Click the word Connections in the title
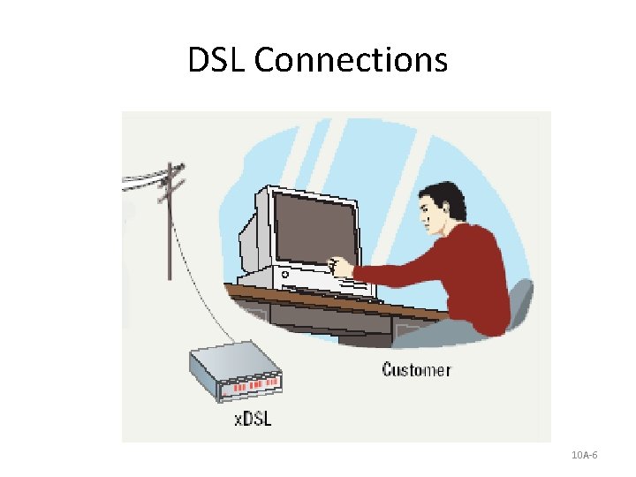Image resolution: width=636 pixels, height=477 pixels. pos(352,61)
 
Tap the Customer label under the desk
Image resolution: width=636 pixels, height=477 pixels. pos(416,369)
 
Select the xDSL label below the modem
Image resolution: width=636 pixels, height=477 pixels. pos(253,418)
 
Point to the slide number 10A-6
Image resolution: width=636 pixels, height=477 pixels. pos(585,455)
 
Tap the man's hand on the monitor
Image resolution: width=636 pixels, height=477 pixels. pos(340,264)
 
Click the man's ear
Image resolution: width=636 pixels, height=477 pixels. pos(448,209)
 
